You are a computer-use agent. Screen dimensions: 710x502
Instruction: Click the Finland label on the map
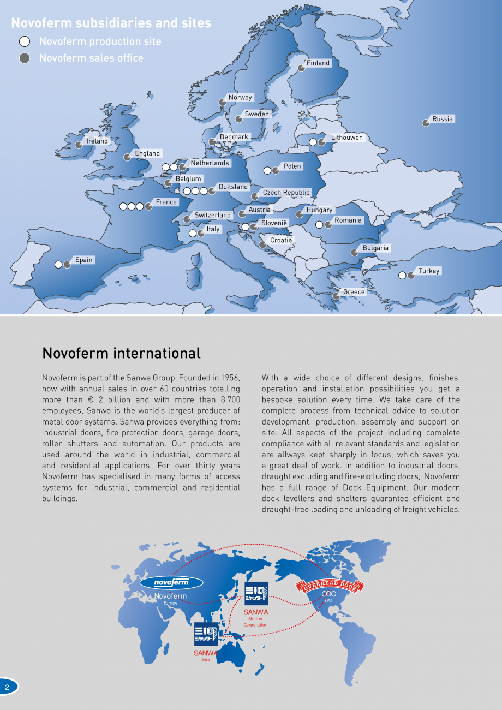[x=318, y=63]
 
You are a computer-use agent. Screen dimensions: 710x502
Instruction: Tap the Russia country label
[x=443, y=119]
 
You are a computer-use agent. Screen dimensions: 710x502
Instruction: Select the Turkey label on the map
[x=429, y=271]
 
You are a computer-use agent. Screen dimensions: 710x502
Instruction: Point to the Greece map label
[x=354, y=292]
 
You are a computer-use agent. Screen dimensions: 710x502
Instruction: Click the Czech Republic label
[x=286, y=193]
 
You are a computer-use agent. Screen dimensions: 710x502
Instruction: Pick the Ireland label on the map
[x=98, y=141]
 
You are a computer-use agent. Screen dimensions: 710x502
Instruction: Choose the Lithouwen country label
[x=346, y=138]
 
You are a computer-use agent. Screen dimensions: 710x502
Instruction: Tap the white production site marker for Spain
[x=58, y=265]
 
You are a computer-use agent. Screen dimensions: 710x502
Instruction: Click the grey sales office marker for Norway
[x=223, y=103]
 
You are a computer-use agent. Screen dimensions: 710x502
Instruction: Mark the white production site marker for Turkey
[x=402, y=276]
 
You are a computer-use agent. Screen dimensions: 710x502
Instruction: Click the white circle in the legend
[x=25, y=41]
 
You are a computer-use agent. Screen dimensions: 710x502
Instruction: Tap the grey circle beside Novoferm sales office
[x=25, y=58]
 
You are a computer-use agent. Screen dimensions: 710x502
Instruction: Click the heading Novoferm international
[x=121, y=353]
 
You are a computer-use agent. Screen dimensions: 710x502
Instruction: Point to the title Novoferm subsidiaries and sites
[x=111, y=23]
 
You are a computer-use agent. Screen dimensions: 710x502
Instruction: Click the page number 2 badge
[x=8, y=687]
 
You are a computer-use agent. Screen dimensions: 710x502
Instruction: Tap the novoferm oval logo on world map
[x=171, y=582]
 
